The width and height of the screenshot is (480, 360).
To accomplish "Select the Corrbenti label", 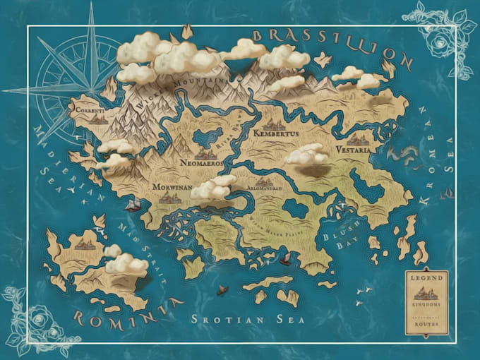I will [x=90, y=111].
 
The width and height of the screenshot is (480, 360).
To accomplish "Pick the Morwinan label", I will [x=169, y=188].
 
